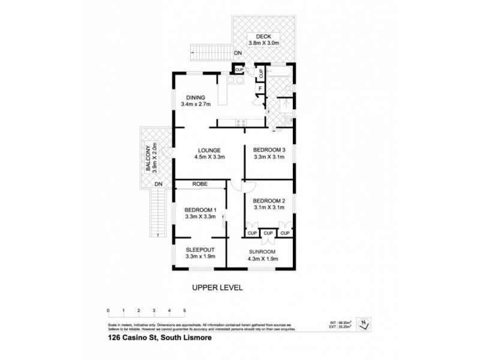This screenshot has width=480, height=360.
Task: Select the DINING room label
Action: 196,98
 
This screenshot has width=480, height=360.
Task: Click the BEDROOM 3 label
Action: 268,150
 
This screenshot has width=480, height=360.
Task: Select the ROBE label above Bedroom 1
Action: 200,184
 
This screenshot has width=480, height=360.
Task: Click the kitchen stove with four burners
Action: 241,124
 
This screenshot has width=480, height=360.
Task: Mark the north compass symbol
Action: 364,324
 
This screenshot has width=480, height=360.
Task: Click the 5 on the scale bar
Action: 185,310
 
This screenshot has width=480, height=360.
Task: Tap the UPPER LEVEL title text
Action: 217,288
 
